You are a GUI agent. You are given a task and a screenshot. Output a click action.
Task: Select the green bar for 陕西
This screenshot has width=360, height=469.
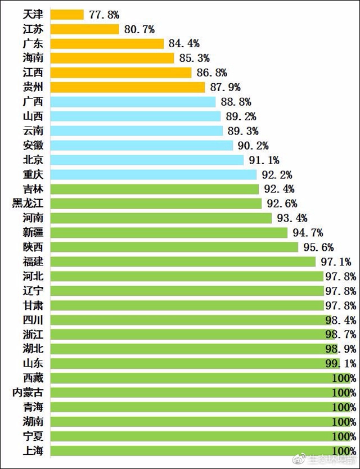(x=174, y=247)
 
